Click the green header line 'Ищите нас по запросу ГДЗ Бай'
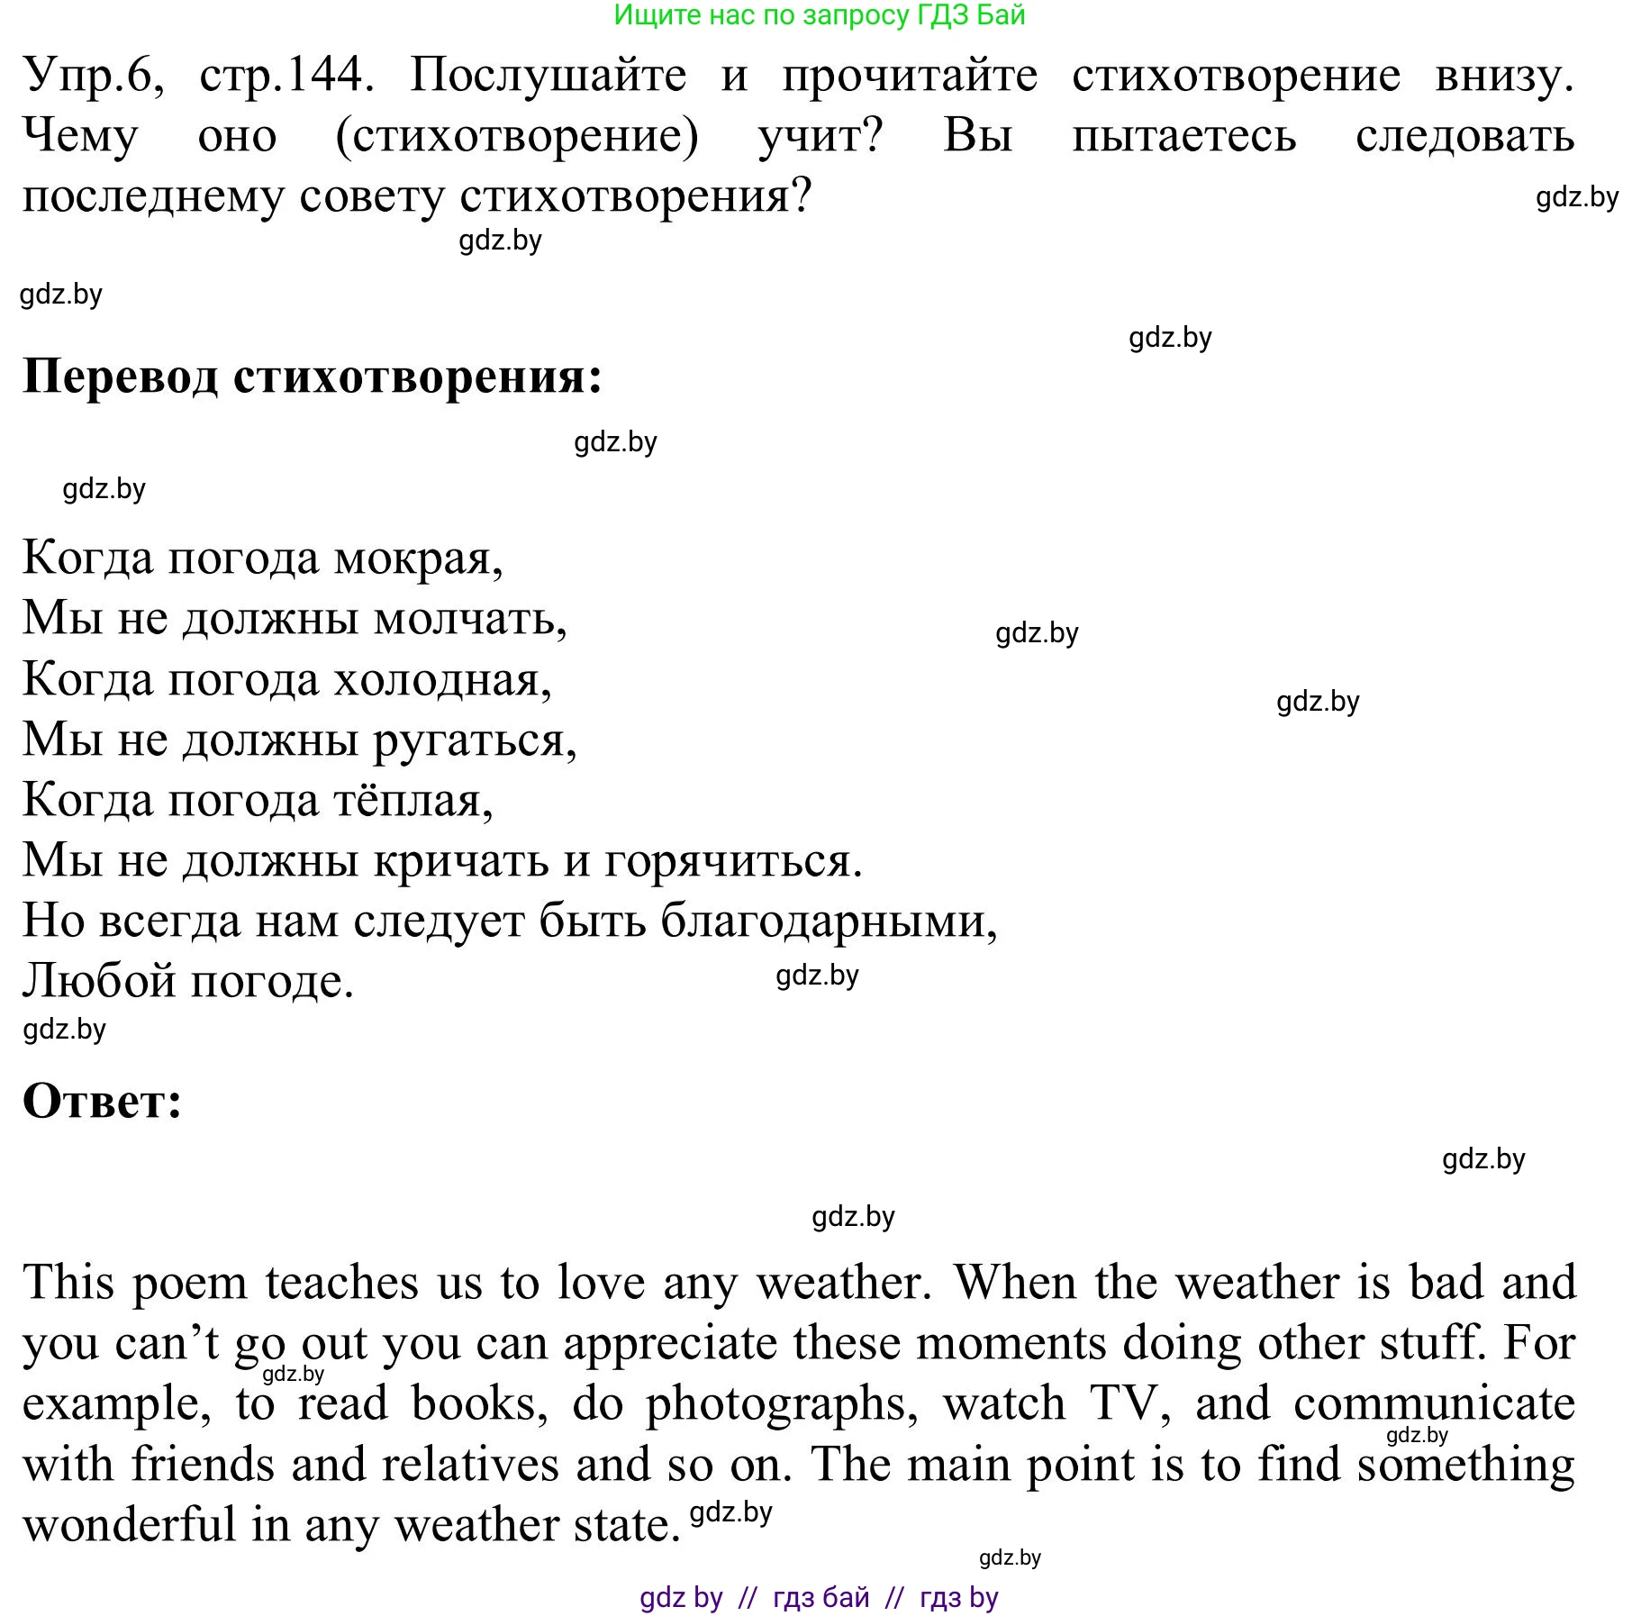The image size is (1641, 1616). (819, 15)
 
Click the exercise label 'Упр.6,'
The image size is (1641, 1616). (94, 76)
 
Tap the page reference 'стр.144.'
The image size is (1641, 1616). (286, 76)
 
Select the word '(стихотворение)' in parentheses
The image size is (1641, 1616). (516, 137)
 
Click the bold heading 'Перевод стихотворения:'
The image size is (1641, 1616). (312, 376)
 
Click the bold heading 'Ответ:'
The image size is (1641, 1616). (102, 1101)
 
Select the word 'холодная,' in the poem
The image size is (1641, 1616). (442, 679)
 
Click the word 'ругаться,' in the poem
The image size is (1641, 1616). (475, 740)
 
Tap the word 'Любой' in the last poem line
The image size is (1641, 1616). (99, 982)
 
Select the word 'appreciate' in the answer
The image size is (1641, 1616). (670, 1344)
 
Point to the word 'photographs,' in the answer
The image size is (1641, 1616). (782, 1405)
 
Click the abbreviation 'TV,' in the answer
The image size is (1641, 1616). (1130, 1403)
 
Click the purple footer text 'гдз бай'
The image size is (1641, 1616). (820, 1598)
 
